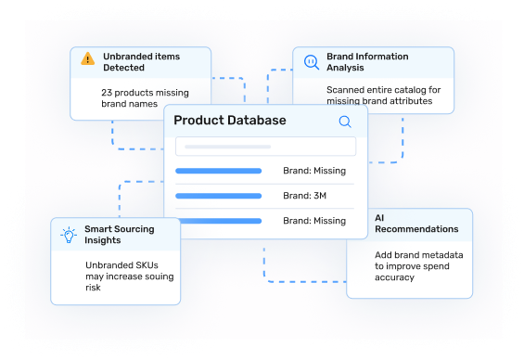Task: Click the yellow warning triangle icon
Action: (87, 58)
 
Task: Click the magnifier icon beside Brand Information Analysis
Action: (310, 61)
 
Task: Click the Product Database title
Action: (229, 121)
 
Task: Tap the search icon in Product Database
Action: (345, 121)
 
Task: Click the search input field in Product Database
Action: (265, 147)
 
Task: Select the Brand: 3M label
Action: (305, 196)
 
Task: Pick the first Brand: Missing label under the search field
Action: (314, 171)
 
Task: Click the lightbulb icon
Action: (68, 235)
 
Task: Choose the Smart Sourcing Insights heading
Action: (120, 235)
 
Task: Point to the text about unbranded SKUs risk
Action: (129, 276)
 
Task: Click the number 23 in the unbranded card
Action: (107, 92)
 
